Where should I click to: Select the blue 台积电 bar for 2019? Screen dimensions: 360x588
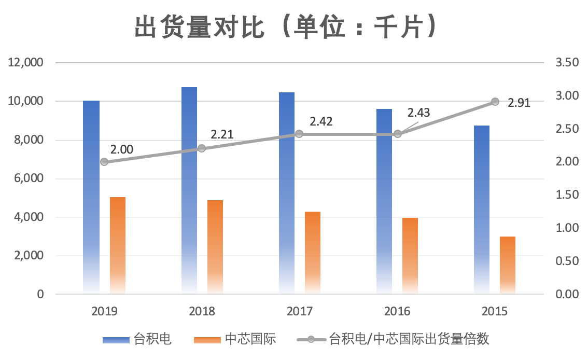click(91, 197)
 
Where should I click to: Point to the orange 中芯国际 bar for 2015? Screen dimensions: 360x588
click(508, 265)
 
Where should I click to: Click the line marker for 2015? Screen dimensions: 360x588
click(495, 102)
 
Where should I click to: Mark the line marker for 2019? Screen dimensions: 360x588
click(104, 162)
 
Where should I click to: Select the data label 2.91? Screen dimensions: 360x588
click(519, 103)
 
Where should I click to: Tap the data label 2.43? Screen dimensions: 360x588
click(418, 113)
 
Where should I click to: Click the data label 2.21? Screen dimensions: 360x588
click(222, 135)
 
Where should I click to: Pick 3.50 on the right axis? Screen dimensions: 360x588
click(566, 63)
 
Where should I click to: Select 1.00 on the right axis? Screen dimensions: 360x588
click(566, 228)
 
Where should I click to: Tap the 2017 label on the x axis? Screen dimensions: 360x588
click(299, 311)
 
